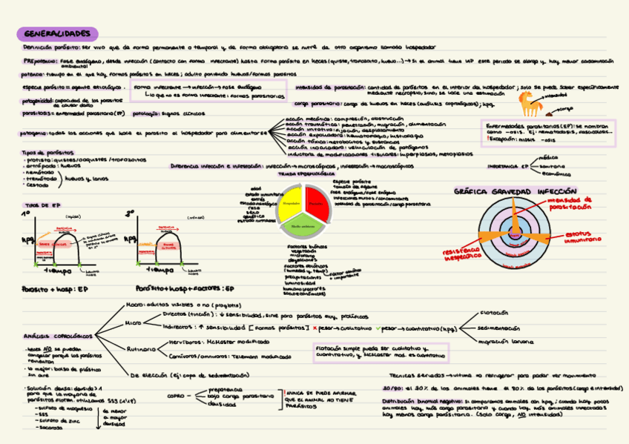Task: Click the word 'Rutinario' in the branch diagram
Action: (142, 348)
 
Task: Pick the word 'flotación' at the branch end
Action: (493, 312)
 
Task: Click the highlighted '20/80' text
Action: (393, 388)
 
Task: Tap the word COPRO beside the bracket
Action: (176, 396)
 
